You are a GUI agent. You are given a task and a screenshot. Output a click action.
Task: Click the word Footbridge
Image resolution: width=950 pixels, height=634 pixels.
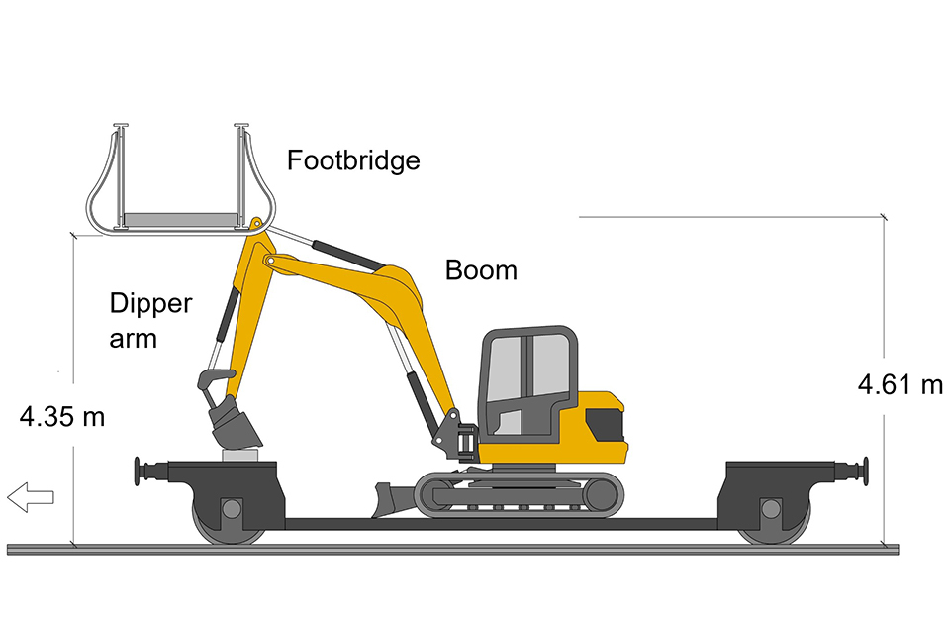coord(353,160)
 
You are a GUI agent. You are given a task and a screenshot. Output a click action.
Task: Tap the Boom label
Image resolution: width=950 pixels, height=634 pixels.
coord(481,270)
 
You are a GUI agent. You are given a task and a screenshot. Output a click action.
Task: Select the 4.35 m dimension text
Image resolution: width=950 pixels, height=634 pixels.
coord(61,417)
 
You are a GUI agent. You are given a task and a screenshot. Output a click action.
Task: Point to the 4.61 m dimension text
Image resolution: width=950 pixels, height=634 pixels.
coord(900,384)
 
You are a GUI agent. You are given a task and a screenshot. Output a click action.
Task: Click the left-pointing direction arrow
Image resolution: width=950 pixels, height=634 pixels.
coord(31,497)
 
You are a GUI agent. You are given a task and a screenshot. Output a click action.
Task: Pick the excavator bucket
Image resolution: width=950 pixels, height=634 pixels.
coord(234,423)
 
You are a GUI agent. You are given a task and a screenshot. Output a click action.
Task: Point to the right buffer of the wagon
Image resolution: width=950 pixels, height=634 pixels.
coord(851,471)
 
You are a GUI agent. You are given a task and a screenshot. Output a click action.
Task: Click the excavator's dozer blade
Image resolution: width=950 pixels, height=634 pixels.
coord(392,500)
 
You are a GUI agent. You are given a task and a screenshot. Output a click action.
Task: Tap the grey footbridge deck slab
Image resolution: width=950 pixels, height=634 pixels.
coord(180,218)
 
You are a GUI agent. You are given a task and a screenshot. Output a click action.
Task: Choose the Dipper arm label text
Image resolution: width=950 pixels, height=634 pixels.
coord(150,320)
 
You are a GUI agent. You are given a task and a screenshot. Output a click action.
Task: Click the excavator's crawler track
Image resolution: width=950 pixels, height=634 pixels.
coord(520,494)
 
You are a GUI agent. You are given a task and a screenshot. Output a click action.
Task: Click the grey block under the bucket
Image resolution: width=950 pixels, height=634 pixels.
coord(240,455)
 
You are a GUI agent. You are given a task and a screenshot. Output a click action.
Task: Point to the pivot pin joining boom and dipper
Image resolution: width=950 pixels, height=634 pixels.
coord(271,261)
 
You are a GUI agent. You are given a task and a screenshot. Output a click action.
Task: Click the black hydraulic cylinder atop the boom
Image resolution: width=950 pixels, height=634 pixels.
coord(348,256)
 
